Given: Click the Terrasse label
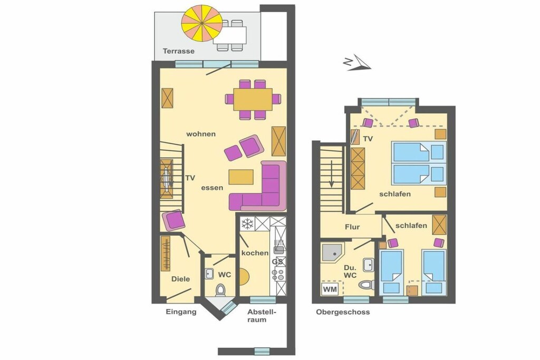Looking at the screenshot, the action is click(178, 51).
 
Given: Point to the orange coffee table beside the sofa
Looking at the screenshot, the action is click(241, 177).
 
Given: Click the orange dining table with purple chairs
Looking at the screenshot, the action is click(253, 100).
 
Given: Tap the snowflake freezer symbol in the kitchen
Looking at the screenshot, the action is click(247, 224).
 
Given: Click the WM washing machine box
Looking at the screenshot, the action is click(330, 289).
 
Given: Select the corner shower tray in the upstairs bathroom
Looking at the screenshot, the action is click(332, 253).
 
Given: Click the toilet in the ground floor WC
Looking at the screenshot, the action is click(220, 290).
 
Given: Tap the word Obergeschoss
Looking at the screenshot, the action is click(343, 312).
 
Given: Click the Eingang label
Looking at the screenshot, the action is click(181, 312).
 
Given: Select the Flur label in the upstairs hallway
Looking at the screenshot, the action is click(352, 227).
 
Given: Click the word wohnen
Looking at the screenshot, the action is click(201, 134).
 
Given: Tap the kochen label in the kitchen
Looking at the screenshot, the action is click(255, 253).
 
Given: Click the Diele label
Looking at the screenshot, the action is click(181, 279).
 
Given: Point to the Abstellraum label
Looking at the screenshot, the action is click(262, 316).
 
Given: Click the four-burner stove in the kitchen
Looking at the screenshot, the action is click(278, 275).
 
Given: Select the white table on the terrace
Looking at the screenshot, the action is click(230, 35).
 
